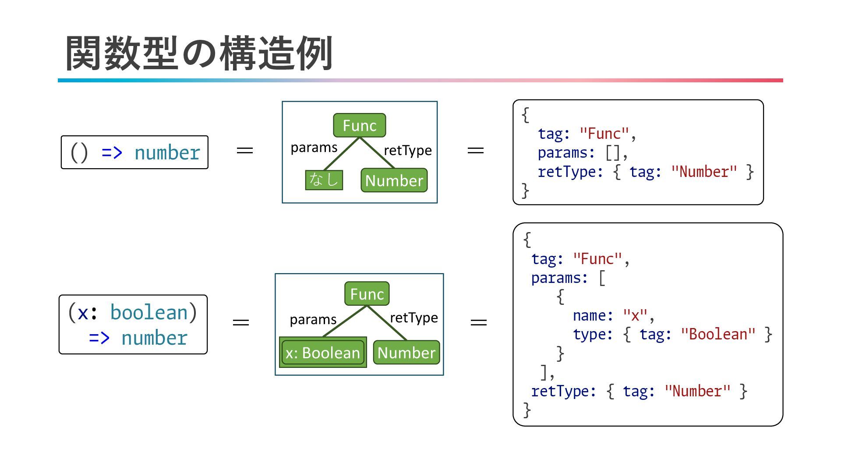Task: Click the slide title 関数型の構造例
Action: pyautogui.click(x=199, y=53)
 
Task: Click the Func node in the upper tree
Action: pyautogui.click(x=360, y=126)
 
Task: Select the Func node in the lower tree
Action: pyautogui.click(x=367, y=294)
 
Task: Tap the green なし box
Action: pyautogui.click(x=324, y=180)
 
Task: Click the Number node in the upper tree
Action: pyautogui.click(x=394, y=180)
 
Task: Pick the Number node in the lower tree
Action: pyautogui.click(x=406, y=353)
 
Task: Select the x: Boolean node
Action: pyautogui.click(x=323, y=353)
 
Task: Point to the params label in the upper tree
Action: pyautogui.click(x=314, y=148)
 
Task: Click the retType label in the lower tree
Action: pyautogui.click(x=414, y=318)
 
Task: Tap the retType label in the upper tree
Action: pyautogui.click(x=408, y=150)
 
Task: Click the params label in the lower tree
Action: pyautogui.click(x=313, y=320)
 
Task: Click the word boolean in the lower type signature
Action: pyautogui.click(x=149, y=313)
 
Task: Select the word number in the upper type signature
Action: pyautogui.click(x=167, y=153)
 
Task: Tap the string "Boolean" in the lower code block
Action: pyautogui.click(x=718, y=335)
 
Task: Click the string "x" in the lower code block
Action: pyautogui.click(x=635, y=315)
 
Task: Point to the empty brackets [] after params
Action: pyautogui.click(x=612, y=153)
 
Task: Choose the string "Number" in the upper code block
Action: pyautogui.click(x=704, y=172)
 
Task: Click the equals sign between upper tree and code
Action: pyautogui.click(x=476, y=151)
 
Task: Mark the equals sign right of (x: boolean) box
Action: pyautogui.click(x=241, y=323)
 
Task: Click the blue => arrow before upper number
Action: pyautogui.click(x=112, y=153)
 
